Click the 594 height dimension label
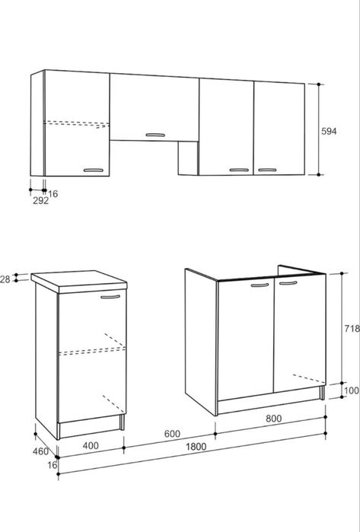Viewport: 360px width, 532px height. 329,131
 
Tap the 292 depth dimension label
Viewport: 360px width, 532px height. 40,200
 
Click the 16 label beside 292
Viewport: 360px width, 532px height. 53,194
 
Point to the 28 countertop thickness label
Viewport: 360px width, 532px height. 5,279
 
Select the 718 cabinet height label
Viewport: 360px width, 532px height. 352,329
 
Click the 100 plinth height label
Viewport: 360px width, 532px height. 352,390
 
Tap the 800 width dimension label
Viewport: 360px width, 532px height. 273,419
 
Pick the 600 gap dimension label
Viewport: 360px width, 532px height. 172,434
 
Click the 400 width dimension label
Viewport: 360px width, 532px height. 91,445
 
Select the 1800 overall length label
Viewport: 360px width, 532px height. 196,447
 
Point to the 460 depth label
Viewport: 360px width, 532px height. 40,451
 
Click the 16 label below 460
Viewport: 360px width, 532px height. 53,465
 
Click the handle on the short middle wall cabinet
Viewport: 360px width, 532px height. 155,135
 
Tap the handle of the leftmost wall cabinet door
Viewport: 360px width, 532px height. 94,170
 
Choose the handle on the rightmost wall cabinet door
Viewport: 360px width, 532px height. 267,170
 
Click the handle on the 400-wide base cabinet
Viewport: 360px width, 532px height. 110,297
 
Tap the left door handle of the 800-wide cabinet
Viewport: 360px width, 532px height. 260,285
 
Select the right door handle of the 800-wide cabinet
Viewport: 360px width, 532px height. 288,283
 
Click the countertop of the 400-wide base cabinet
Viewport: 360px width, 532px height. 79,282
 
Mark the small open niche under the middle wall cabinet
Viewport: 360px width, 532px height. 188,158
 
